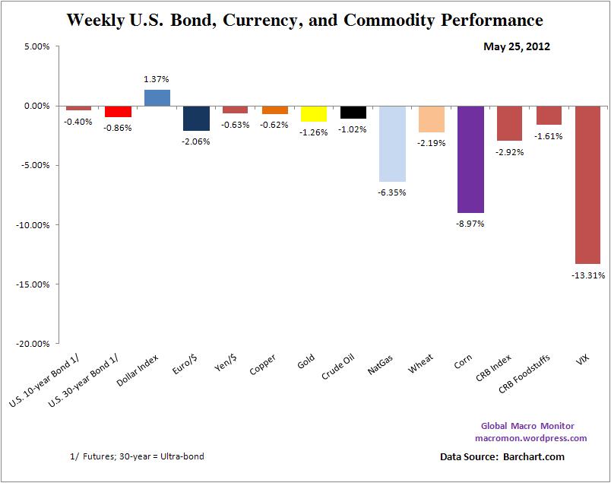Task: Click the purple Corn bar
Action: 470,159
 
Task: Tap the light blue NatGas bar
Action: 392,144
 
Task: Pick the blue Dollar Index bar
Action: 157,98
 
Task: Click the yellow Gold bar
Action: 314,114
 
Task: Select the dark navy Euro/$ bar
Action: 196,118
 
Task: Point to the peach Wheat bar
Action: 431,119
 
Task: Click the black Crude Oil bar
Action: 353,113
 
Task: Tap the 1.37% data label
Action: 157,79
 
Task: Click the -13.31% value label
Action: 589,275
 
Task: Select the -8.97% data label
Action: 470,224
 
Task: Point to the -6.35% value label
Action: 392,192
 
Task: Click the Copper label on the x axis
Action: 263,364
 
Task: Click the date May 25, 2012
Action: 517,46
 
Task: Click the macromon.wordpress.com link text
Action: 530,438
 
